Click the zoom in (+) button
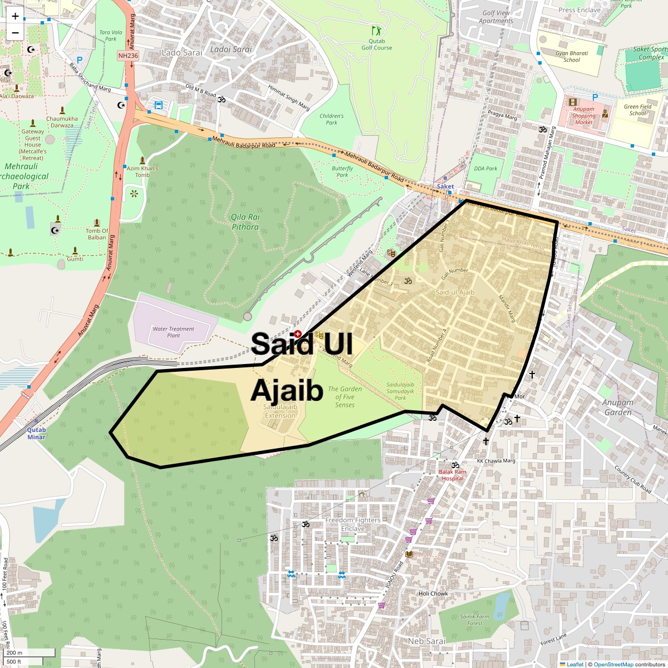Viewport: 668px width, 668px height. (15, 16)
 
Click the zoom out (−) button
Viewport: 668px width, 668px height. (15, 33)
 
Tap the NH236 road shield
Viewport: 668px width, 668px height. (128, 56)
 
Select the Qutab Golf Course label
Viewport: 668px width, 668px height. (377, 45)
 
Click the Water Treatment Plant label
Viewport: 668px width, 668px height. (173, 332)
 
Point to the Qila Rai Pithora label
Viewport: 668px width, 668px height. (245, 222)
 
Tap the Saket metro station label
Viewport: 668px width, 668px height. (445, 186)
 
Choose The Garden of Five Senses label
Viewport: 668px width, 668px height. (345, 397)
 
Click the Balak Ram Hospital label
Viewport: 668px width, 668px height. (453, 475)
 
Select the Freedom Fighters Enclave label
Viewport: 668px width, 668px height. (353, 524)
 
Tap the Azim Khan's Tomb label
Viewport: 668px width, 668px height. (143, 171)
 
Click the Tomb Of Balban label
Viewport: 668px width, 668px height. (97, 234)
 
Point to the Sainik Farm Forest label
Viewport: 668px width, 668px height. (475, 620)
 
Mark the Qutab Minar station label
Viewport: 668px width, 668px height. (36, 433)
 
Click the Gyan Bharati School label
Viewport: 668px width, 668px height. (572, 57)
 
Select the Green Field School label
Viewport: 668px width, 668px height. (638, 110)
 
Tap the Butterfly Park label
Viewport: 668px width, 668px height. (342, 171)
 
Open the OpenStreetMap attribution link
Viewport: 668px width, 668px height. (613, 664)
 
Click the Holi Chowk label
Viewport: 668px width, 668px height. (433, 593)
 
